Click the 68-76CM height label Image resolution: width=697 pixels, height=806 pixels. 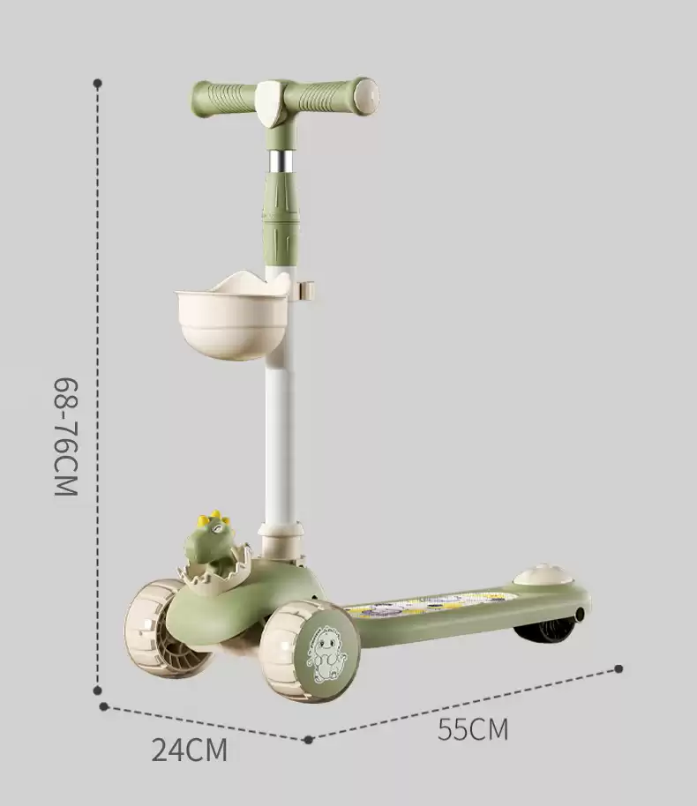tap(66, 437)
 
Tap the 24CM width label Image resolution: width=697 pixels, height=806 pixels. tap(190, 750)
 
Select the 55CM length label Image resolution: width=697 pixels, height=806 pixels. tap(473, 728)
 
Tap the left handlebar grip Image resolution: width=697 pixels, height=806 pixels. tap(224, 100)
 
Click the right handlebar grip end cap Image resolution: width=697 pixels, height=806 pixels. tap(367, 95)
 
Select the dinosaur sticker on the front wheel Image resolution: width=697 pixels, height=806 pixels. tap(325, 653)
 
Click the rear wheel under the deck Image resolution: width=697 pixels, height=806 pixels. tap(544, 631)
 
